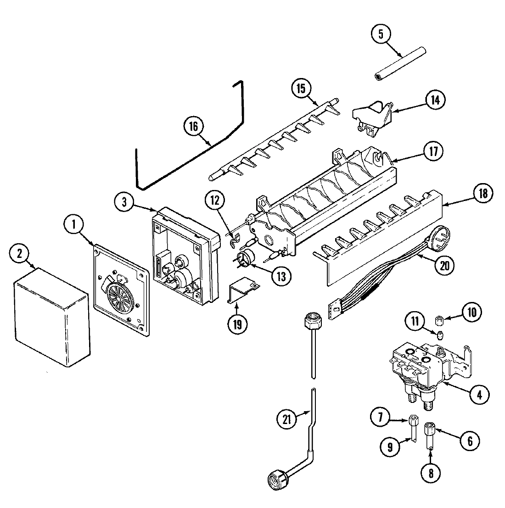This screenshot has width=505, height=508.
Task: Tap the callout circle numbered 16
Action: tap(193, 126)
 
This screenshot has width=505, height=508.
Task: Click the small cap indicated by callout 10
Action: tap(438, 319)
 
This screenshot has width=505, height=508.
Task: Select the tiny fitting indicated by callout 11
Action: tap(441, 334)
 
